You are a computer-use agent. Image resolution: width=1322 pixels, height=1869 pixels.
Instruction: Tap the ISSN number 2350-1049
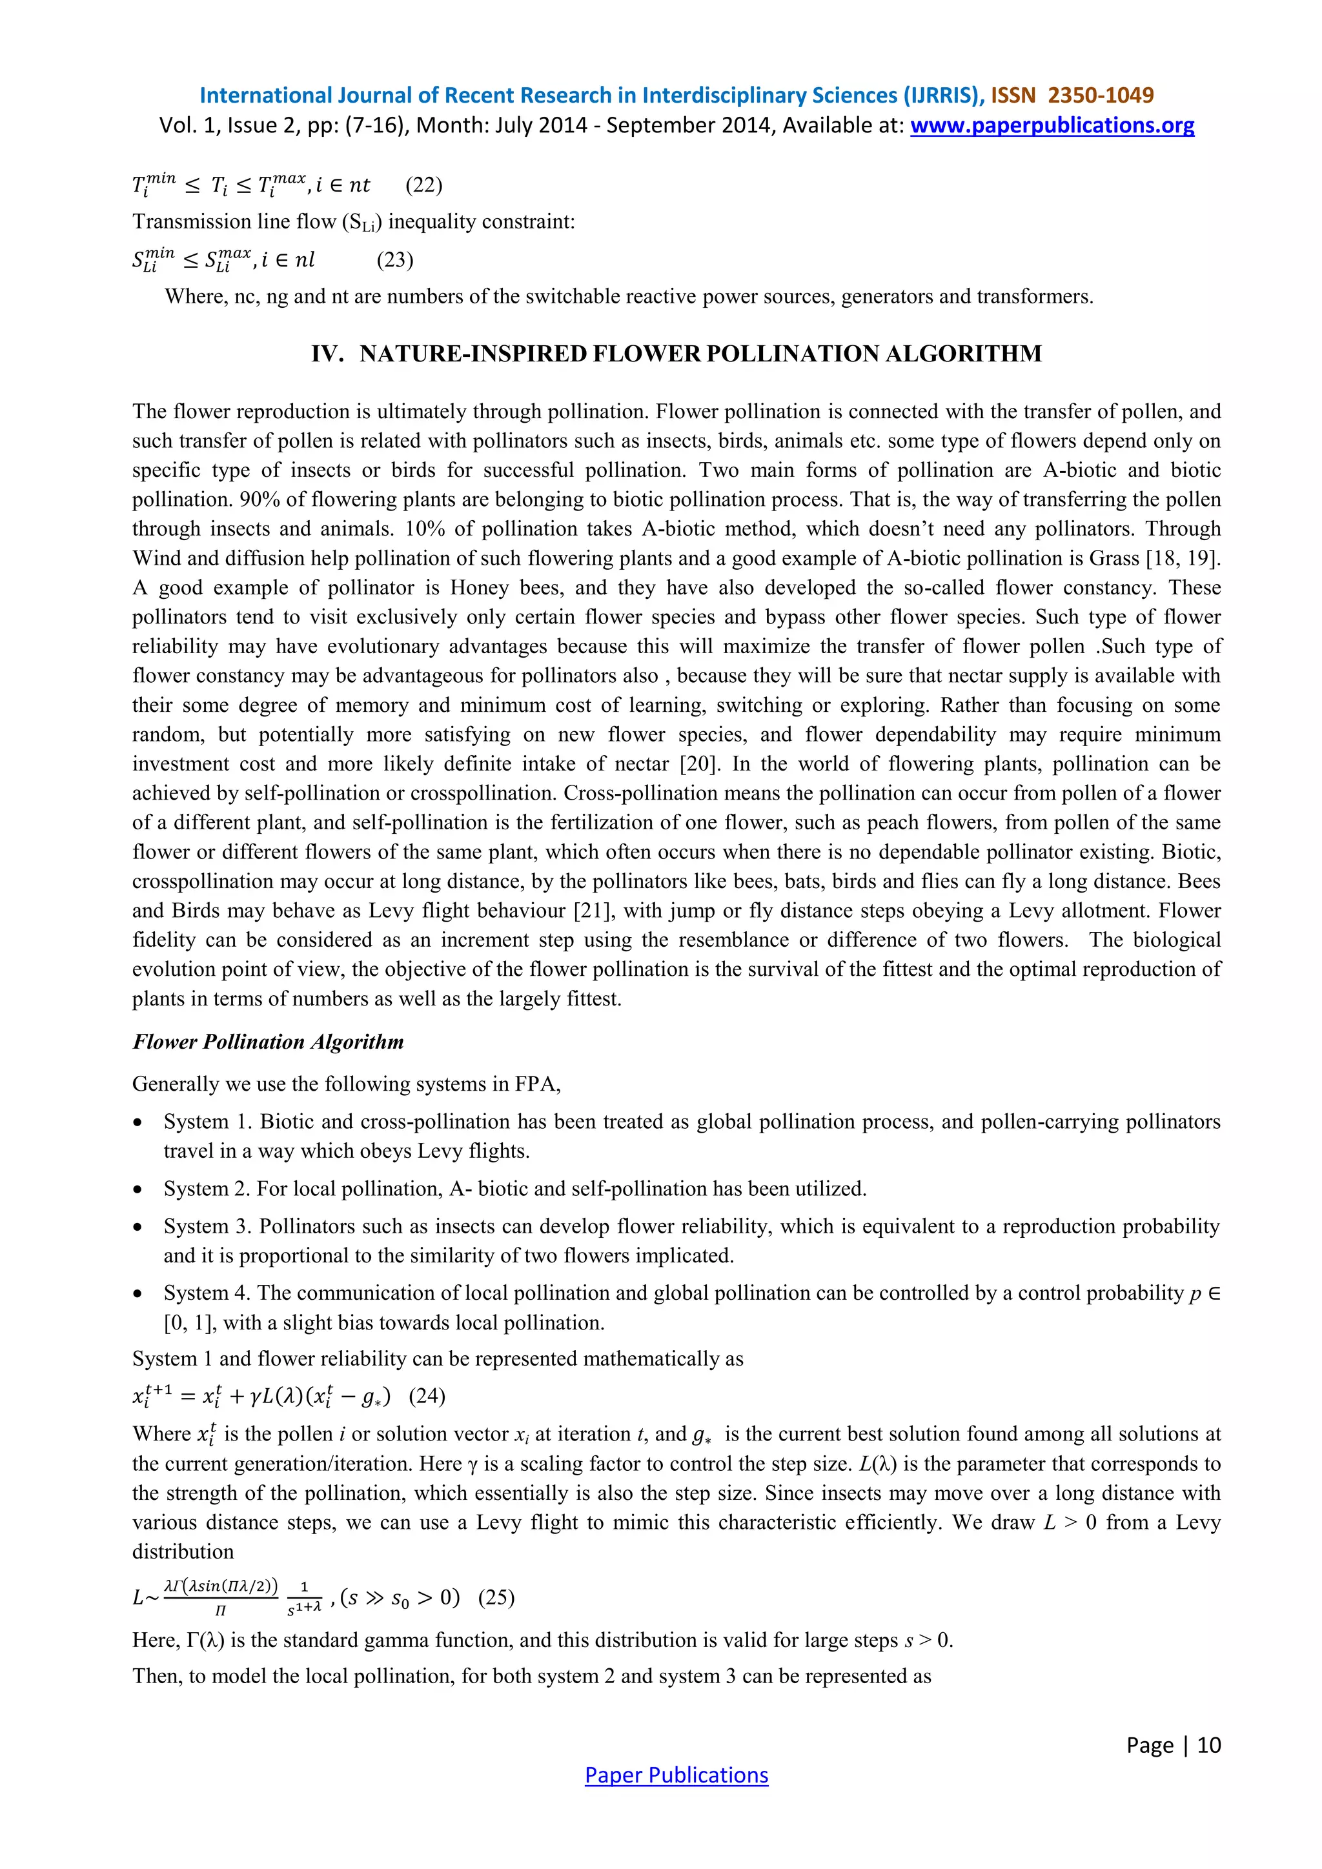tap(1101, 96)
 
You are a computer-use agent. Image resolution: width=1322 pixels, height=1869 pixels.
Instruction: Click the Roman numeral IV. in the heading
tap(327, 354)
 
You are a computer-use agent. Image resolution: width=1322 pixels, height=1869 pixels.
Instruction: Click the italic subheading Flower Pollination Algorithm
tap(269, 1042)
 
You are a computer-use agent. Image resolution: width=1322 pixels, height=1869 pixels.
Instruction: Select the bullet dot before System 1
tap(138, 1122)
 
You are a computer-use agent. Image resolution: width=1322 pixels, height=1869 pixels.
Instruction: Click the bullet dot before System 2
tap(138, 1189)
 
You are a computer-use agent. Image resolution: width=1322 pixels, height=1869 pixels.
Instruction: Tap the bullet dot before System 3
tap(138, 1227)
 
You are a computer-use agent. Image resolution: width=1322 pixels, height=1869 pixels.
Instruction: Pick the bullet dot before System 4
tap(138, 1293)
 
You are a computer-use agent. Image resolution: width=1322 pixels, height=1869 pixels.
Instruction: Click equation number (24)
tap(427, 1396)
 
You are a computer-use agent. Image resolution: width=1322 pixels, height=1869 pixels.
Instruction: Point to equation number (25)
tap(496, 1597)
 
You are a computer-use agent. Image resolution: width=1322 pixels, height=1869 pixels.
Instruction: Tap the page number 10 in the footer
tap(1209, 1744)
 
